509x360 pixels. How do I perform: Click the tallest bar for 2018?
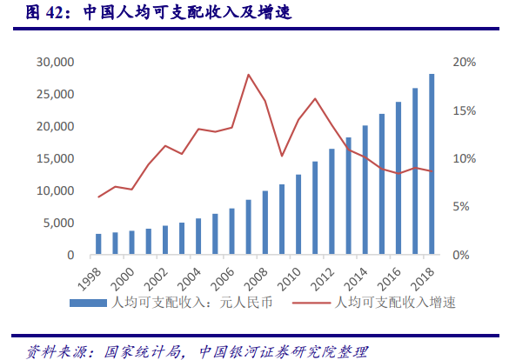[x=432, y=165]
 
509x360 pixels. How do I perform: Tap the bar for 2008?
[x=265, y=223]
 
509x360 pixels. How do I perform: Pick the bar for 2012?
[x=332, y=202]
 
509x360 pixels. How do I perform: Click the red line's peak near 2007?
[x=249, y=75]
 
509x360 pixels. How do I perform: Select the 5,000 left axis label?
[x=56, y=223]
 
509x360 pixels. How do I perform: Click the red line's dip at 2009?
[x=282, y=156]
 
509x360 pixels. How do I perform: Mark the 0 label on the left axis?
[x=69, y=256]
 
